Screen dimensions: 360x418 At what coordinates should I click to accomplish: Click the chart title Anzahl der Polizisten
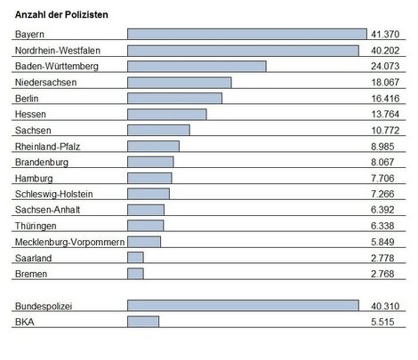[x=64, y=16]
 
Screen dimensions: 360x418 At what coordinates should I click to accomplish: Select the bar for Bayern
[x=246, y=34]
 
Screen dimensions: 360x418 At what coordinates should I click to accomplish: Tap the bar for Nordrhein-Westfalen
[x=243, y=50]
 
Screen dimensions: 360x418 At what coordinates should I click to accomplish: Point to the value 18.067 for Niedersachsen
[x=387, y=82]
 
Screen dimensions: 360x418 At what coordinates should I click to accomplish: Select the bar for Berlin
[x=174, y=98]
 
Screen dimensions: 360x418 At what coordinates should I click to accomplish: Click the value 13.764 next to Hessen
[x=387, y=115]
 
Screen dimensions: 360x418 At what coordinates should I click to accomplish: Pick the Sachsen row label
[x=33, y=131]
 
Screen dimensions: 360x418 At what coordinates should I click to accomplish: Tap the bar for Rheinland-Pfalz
[x=153, y=147]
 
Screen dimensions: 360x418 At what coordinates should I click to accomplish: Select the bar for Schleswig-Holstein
[x=149, y=194]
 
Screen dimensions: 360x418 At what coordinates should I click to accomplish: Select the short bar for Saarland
[x=135, y=258]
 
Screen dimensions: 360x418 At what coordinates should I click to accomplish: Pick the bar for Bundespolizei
[x=243, y=306]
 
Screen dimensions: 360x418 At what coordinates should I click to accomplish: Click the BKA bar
[x=143, y=322]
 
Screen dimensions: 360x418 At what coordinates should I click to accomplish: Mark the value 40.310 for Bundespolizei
[x=387, y=306]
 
